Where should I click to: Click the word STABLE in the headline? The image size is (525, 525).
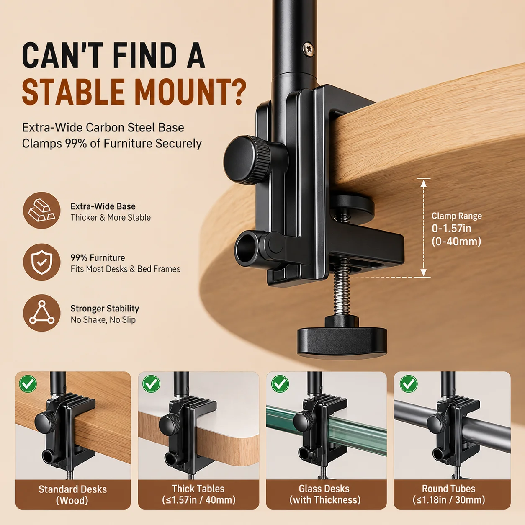(x=73, y=91)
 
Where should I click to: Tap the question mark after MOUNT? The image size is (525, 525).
(x=237, y=91)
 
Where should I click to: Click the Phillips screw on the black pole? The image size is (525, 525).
(x=309, y=49)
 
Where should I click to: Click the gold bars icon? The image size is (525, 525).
(x=42, y=210)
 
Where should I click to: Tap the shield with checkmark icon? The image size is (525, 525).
(x=42, y=262)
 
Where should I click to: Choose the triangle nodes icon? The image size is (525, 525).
(x=42, y=313)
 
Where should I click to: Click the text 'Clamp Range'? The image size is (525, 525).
(x=457, y=216)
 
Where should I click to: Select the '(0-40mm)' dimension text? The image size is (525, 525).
(x=456, y=242)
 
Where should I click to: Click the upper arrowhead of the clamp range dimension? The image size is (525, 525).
(x=423, y=183)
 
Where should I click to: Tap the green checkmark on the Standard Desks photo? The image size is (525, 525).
(x=28, y=384)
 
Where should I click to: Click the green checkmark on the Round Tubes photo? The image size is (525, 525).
(x=409, y=384)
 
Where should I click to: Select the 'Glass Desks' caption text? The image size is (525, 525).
(x=324, y=489)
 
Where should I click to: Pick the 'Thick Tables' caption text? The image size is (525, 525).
(x=198, y=489)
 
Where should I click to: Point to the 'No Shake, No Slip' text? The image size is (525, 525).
(x=103, y=319)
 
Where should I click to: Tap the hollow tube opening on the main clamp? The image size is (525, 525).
(x=246, y=248)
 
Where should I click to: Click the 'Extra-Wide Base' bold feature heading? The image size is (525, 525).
(x=103, y=206)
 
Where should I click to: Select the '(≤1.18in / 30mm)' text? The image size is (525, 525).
(x=449, y=500)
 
